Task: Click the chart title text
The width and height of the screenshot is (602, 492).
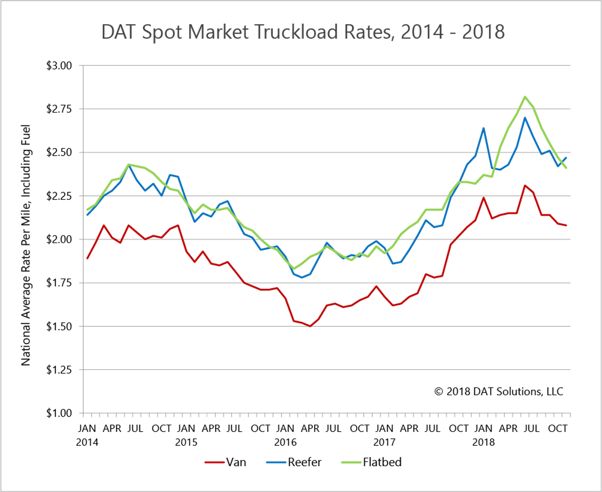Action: point(303,32)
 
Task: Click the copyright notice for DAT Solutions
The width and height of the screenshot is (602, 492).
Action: point(499,391)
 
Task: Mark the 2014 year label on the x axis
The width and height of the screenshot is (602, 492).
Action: point(88,443)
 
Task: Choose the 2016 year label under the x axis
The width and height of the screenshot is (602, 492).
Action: point(285,443)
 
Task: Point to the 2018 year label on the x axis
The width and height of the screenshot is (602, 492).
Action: point(483,443)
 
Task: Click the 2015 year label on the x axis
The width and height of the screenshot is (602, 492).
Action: point(187,443)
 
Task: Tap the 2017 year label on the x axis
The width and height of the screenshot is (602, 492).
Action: point(384,443)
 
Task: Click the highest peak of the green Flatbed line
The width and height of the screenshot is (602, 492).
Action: point(525,96)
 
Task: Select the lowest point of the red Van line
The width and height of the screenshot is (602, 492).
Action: point(310,326)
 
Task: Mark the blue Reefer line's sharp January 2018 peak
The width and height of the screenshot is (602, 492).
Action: point(484,128)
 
